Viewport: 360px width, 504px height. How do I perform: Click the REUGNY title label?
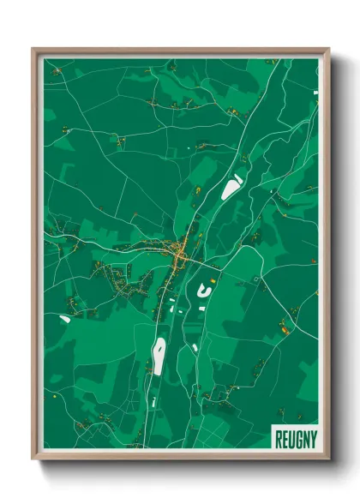[x=293, y=438]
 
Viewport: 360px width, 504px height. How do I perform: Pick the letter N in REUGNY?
[x=303, y=438]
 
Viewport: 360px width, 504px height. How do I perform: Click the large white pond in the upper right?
[x=231, y=187]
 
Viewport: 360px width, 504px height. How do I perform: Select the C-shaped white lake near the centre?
[x=204, y=290]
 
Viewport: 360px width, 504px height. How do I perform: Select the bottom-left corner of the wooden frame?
[x=33, y=459]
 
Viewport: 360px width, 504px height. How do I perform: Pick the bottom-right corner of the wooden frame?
[x=328, y=459]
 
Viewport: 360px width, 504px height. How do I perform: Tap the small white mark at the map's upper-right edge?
[x=316, y=90]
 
